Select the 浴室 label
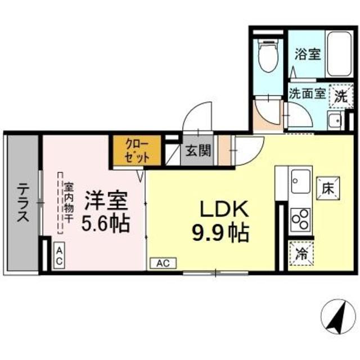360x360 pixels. pyautogui.click(x=307, y=55)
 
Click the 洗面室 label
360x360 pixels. pyautogui.click(x=307, y=93)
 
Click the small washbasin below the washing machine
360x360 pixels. pyautogui.click(x=334, y=120)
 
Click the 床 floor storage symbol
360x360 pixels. pyautogui.click(x=328, y=188)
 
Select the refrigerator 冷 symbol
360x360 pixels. pyautogui.click(x=301, y=251)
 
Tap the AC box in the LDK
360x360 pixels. pyautogui.click(x=163, y=263)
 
